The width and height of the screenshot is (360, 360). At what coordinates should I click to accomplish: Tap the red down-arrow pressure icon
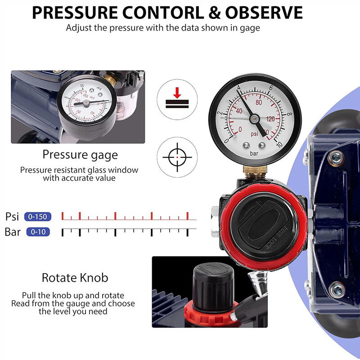coord(178,99)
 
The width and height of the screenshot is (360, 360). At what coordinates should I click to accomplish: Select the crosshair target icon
coord(177,157)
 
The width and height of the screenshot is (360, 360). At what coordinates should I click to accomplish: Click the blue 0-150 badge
coord(38,216)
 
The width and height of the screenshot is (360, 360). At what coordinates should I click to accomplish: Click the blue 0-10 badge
coord(38,232)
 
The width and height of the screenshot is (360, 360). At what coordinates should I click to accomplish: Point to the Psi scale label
coord(12,216)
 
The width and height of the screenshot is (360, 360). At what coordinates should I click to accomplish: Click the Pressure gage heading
coord(80,155)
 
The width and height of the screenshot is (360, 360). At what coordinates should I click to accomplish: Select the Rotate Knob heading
coord(75,277)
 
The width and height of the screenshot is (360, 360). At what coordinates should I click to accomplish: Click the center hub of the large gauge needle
coord(255,118)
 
